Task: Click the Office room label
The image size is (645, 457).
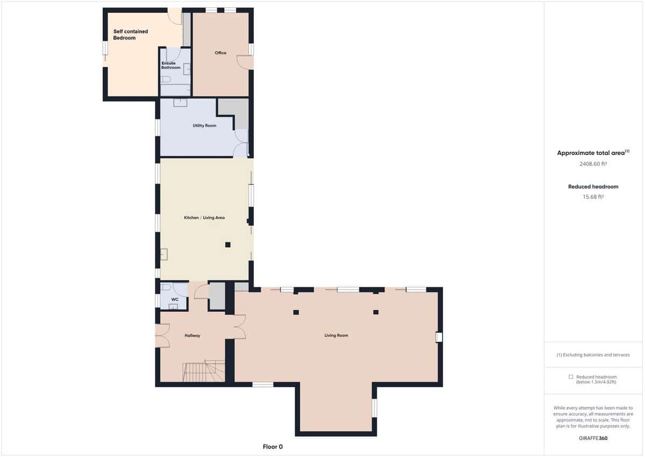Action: (220, 53)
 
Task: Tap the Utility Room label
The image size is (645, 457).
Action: (204, 125)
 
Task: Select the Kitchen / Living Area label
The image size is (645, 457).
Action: (205, 217)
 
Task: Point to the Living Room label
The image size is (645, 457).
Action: (336, 335)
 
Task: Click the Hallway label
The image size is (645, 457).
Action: (192, 335)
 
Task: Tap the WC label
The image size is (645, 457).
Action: (175, 299)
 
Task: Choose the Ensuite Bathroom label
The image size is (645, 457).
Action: (171, 65)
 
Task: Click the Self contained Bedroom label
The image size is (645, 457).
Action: (130, 35)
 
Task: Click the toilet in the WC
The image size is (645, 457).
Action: (166, 287)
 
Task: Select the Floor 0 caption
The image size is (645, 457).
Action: (273, 447)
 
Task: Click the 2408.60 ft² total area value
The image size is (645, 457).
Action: (593, 164)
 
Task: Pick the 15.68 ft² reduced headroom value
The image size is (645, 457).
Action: (593, 197)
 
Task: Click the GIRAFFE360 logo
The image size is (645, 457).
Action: (593, 438)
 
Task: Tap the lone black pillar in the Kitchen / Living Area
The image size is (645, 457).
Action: (228, 245)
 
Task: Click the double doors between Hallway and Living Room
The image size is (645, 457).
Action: (238, 327)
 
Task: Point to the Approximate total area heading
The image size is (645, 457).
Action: (591, 153)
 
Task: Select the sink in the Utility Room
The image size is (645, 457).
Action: (180, 102)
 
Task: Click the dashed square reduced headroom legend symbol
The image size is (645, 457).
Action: (571, 377)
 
